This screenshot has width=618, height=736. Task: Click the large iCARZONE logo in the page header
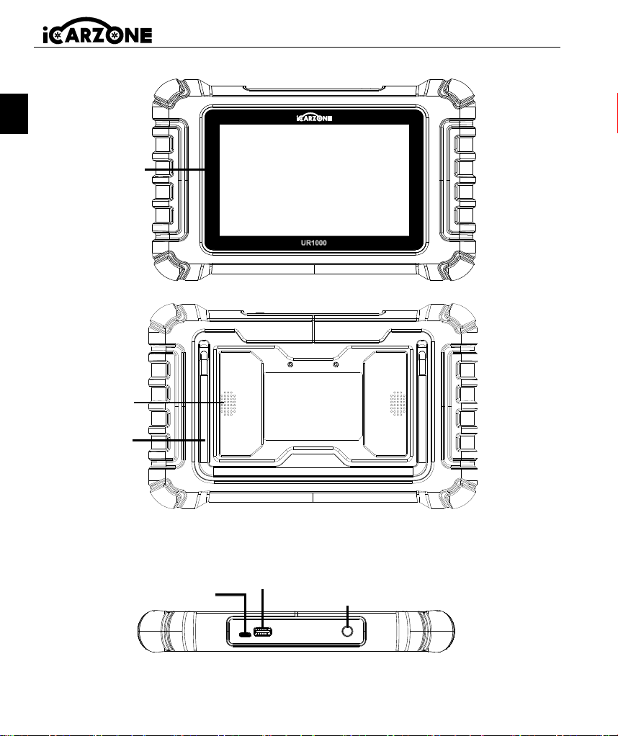(97, 31)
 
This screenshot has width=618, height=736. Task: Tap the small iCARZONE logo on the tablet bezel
(314, 118)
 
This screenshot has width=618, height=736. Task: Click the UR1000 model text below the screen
(314, 243)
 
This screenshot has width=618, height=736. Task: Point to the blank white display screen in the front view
(314, 180)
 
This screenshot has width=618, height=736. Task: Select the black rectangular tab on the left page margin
(14, 114)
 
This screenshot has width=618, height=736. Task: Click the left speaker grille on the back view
(229, 403)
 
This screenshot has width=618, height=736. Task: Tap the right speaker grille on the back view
(398, 403)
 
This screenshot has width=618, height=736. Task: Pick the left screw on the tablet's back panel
(290, 364)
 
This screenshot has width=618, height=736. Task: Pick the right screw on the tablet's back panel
(336, 364)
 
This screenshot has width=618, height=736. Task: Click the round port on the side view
(347, 632)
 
